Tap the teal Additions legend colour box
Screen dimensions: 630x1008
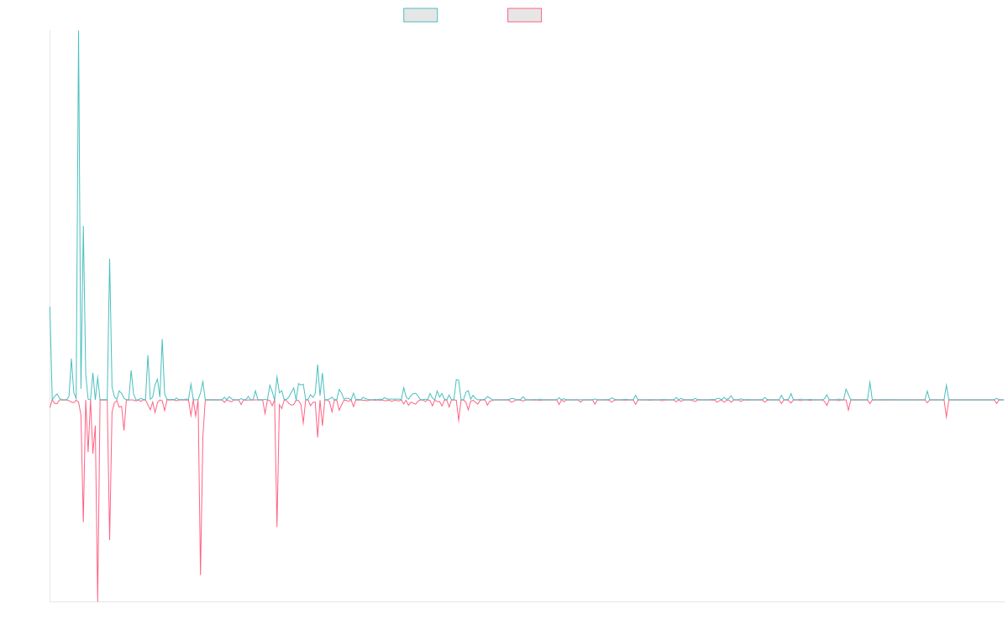pos(421,15)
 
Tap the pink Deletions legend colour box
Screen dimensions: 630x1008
pos(525,15)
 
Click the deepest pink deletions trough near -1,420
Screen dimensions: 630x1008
pos(97,600)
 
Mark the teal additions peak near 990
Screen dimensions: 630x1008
pos(109,260)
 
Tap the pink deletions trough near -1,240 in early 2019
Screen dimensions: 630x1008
pos(201,575)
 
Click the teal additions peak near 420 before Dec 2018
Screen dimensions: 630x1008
pos(162,340)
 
